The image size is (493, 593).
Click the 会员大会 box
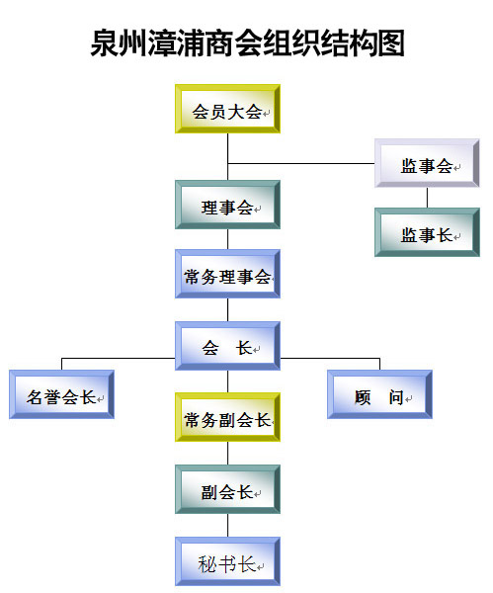click(227, 109)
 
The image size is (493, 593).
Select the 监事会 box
click(427, 163)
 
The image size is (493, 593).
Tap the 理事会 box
click(227, 205)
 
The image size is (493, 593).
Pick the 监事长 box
click(427, 232)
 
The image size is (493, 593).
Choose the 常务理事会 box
click(227, 274)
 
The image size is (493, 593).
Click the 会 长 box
click(227, 346)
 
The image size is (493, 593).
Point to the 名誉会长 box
click(61, 394)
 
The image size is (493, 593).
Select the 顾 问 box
click(379, 394)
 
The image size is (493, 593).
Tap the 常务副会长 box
click(227, 417)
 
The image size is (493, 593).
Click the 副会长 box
click(227, 489)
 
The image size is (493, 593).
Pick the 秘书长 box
click(227, 561)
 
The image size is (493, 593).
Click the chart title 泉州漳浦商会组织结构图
click(248, 42)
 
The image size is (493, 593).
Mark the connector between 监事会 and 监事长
click(427, 198)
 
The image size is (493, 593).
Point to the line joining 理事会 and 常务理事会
click(227, 239)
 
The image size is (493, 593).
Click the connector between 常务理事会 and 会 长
click(227, 310)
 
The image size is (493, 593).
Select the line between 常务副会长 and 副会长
click(227, 454)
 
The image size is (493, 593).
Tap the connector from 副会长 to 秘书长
click(227, 526)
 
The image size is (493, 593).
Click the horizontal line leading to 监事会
click(301, 163)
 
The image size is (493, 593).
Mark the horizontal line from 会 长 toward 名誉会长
click(119, 358)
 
